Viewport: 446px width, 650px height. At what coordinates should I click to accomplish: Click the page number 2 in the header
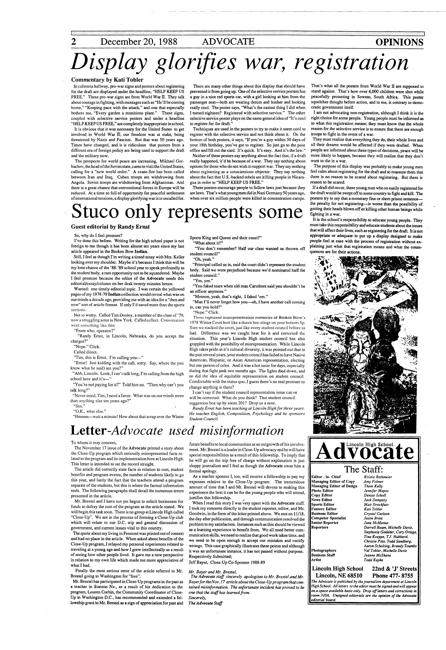coord(74,42)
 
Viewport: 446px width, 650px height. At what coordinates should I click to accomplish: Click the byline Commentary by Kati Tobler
coord(107,80)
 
